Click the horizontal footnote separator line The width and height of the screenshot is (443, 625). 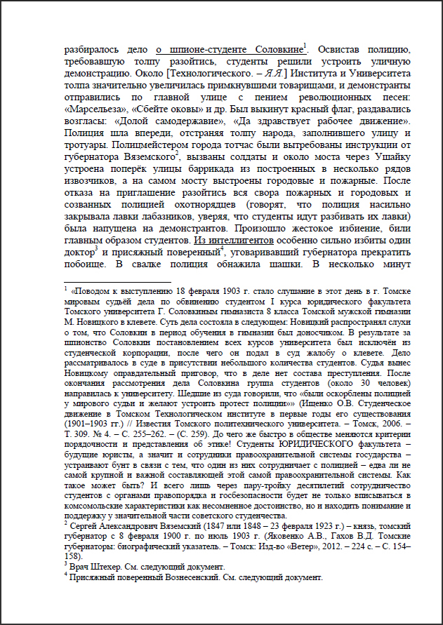[x=112, y=281]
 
